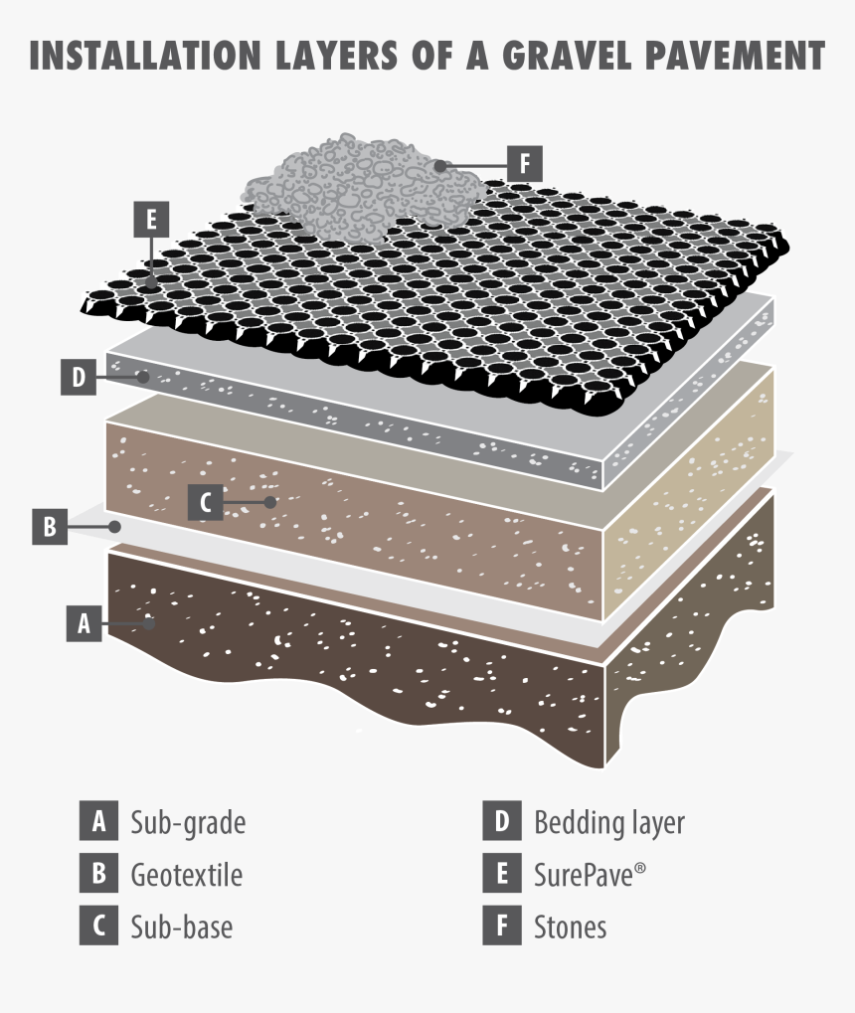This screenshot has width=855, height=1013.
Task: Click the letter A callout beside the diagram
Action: [85, 623]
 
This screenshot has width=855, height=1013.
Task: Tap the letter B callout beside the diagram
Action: [48, 526]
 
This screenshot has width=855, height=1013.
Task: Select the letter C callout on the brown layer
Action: [206, 502]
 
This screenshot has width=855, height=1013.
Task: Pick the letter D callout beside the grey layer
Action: [78, 378]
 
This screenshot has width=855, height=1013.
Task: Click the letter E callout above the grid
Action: [150, 219]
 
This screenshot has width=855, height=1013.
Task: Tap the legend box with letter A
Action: [97, 822]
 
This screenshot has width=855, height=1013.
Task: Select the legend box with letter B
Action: [97, 875]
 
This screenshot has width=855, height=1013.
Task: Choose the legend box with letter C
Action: [97, 927]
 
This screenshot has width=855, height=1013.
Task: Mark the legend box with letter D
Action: [501, 822]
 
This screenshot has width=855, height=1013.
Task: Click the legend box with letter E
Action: [501, 875]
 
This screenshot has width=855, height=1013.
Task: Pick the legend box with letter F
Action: [501, 927]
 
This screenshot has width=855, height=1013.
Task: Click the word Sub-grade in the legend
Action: [188, 823]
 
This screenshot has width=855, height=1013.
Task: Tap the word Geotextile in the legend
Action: [187, 875]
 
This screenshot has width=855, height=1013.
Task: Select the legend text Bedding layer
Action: [609, 823]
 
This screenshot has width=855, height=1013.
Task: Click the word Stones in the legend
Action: [571, 928]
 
